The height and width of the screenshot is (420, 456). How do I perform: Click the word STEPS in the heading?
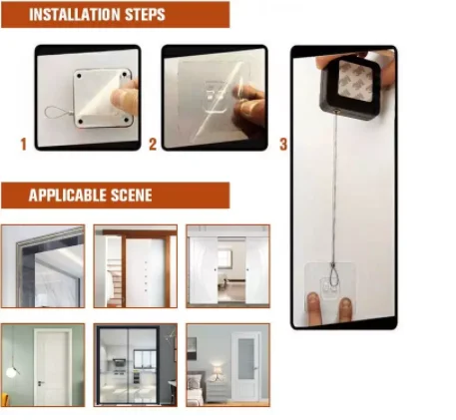(x=146, y=14)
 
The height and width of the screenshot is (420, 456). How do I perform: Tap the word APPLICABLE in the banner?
(x=67, y=196)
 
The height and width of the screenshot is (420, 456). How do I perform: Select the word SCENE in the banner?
(x=131, y=196)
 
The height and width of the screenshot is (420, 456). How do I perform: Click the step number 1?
(x=23, y=145)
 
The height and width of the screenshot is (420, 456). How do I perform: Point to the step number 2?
(x=153, y=145)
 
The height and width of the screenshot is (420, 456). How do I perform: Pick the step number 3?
(x=283, y=145)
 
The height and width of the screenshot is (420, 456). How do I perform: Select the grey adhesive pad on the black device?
(x=355, y=81)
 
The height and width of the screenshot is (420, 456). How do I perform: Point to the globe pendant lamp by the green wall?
(x=11, y=372)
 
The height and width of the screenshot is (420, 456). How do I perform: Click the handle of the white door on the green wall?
(x=40, y=383)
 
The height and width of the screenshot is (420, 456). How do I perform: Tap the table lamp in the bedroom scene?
(x=218, y=372)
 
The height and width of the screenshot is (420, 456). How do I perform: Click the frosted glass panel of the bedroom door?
(x=245, y=358)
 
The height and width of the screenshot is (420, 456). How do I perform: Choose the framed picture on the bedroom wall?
(x=192, y=348)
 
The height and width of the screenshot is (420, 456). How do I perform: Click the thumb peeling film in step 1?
(x=126, y=98)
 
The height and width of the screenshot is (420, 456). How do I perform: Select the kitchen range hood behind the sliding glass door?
(x=119, y=362)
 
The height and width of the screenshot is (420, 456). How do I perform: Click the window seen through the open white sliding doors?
(x=226, y=258)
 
